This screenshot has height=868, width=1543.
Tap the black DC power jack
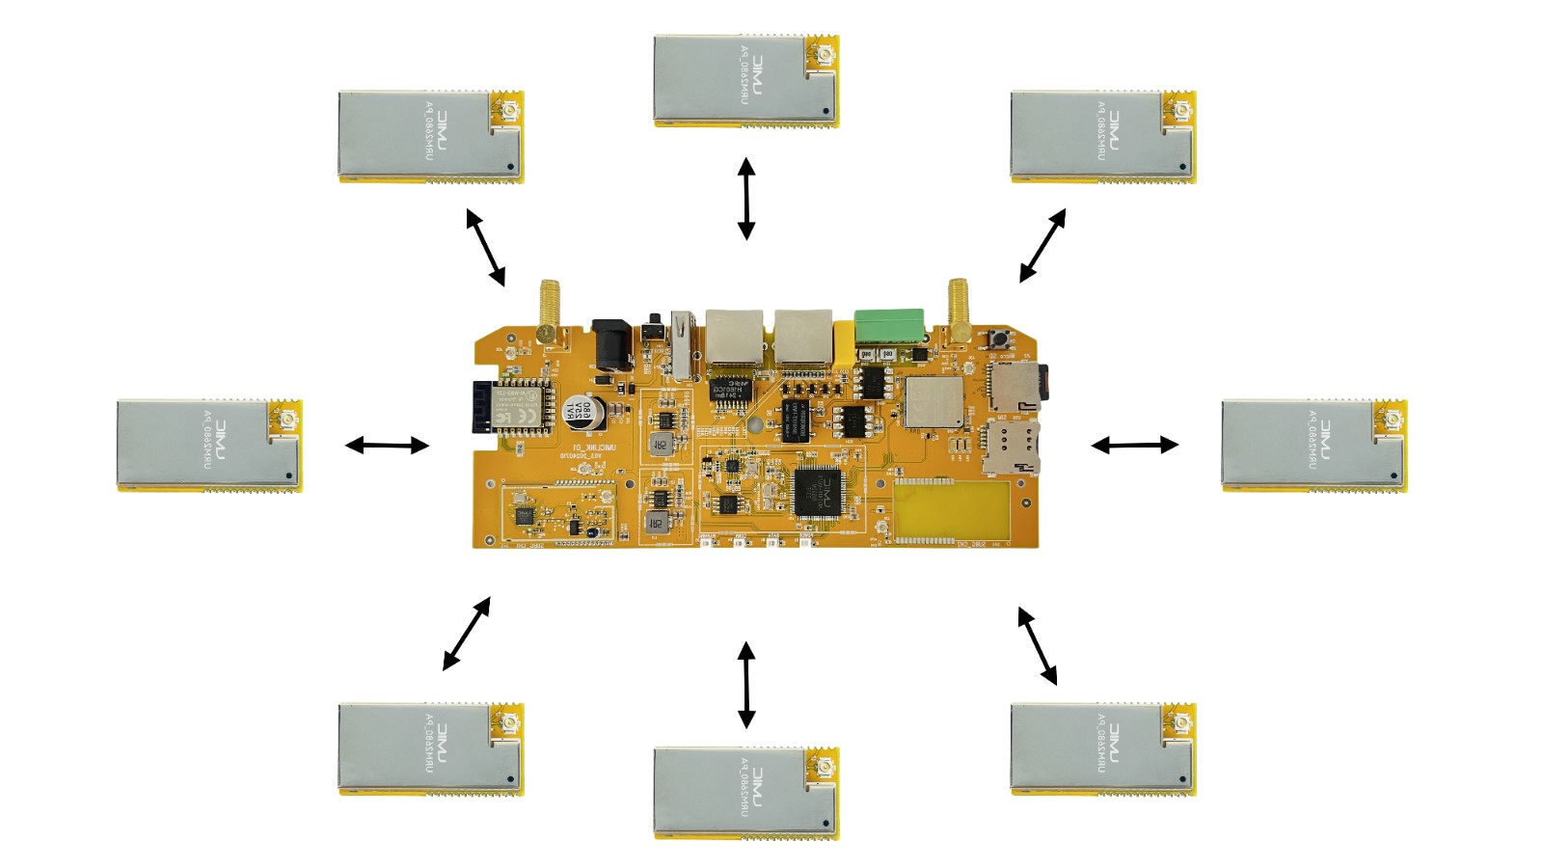point(610,344)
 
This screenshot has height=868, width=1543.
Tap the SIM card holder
point(1012,445)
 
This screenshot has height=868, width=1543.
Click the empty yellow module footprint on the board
point(951,509)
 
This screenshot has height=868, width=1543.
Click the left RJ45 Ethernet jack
point(734,337)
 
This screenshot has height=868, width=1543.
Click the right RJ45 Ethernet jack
point(803,337)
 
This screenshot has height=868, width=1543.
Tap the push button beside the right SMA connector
point(994,339)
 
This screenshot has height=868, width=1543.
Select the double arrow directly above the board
point(746,198)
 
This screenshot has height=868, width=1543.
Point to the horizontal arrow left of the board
point(387,445)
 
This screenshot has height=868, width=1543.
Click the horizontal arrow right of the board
point(1134,445)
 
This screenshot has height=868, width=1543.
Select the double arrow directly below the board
point(746,685)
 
